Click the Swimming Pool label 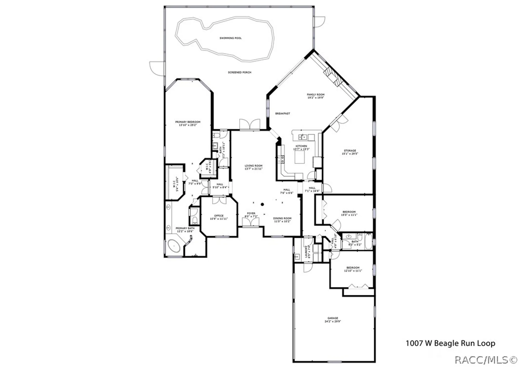230,38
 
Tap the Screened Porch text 239,72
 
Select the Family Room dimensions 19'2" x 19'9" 315,98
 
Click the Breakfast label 283,113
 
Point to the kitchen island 300,157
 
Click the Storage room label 350,151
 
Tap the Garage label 333,318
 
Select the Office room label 219,216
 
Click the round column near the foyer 262,205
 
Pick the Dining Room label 282,218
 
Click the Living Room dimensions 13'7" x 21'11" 253,169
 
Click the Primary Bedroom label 188,122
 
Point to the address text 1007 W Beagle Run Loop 450,343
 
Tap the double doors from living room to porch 250,125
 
